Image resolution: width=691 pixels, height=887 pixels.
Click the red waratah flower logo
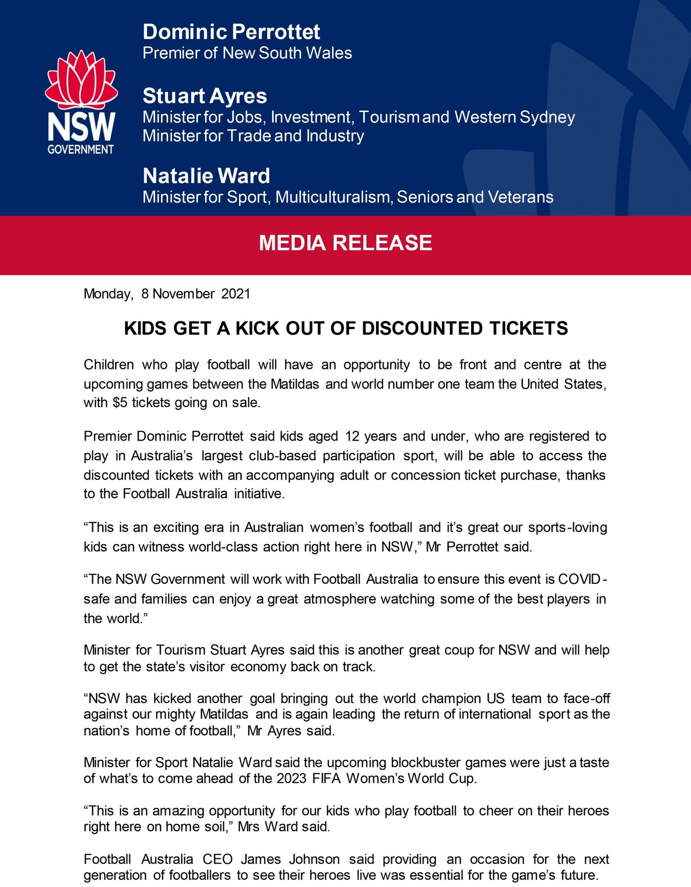coord(81,80)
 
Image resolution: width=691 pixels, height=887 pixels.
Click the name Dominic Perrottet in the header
coord(231,32)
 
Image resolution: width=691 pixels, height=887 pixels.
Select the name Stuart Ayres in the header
coord(205,96)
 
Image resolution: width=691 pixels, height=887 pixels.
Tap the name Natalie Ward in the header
coord(206,176)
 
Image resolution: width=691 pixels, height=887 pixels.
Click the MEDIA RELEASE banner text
coord(345,243)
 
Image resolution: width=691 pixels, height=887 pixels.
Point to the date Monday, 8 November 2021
coord(167,294)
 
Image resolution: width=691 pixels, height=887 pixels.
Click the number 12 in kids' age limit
coord(352,436)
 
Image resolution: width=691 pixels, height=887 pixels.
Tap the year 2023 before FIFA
coord(292,779)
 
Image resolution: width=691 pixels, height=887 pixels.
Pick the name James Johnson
coord(290,859)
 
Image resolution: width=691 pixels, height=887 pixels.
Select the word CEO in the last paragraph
coord(218,859)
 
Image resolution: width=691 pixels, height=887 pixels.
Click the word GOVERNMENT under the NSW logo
coord(81,149)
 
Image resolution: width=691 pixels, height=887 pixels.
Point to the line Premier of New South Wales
coord(247,53)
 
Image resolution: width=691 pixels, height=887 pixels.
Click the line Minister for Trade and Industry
coord(253,136)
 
